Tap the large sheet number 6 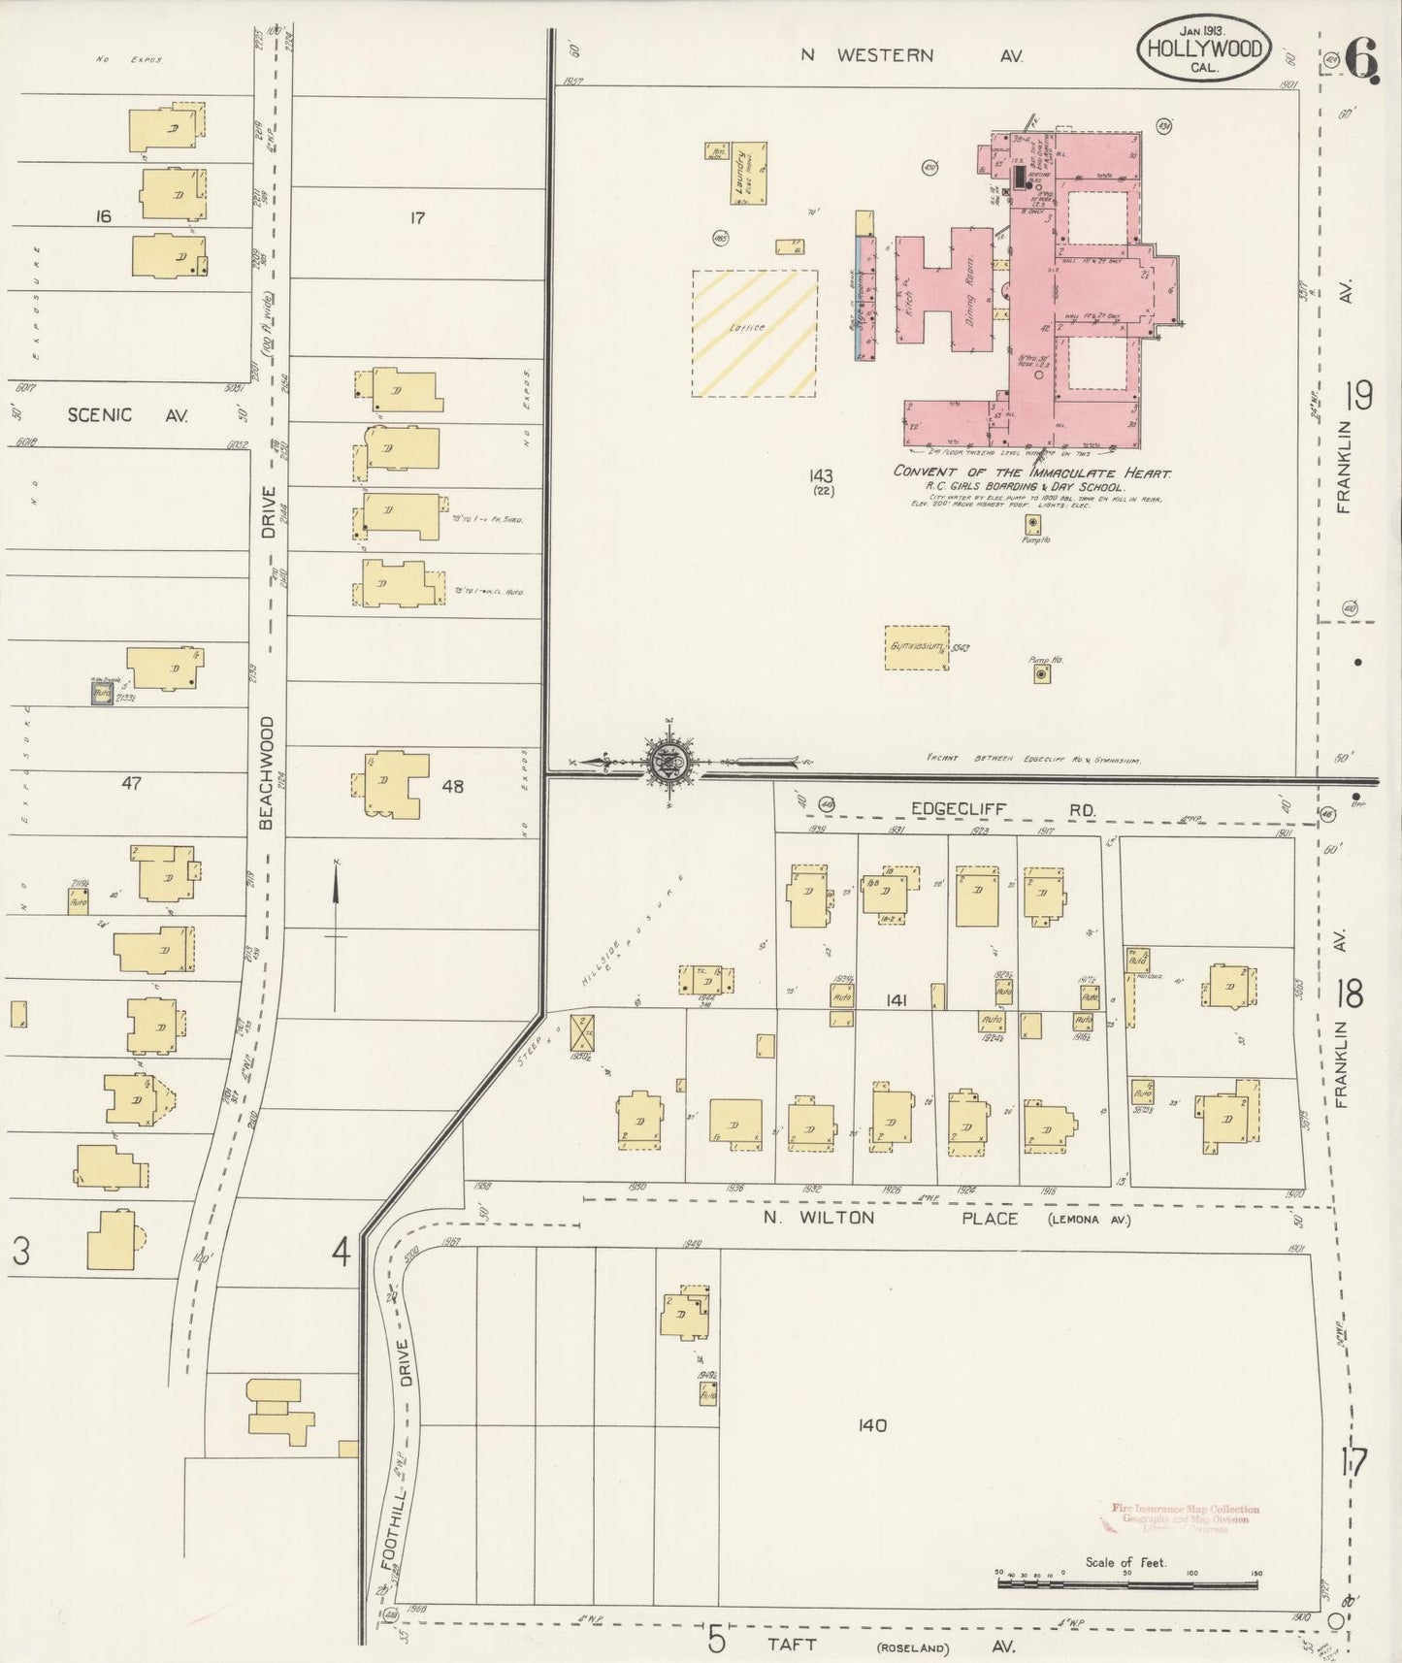click(x=1360, y=62)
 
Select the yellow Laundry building click(x=750, y=174)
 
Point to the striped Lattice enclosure click(x=753, y=333)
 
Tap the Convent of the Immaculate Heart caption click(x=1031, y=473)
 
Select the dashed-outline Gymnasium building click(x=917, y=647)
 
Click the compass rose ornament click(x=668, y=762)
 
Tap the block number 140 click(x=873, y=1425)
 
